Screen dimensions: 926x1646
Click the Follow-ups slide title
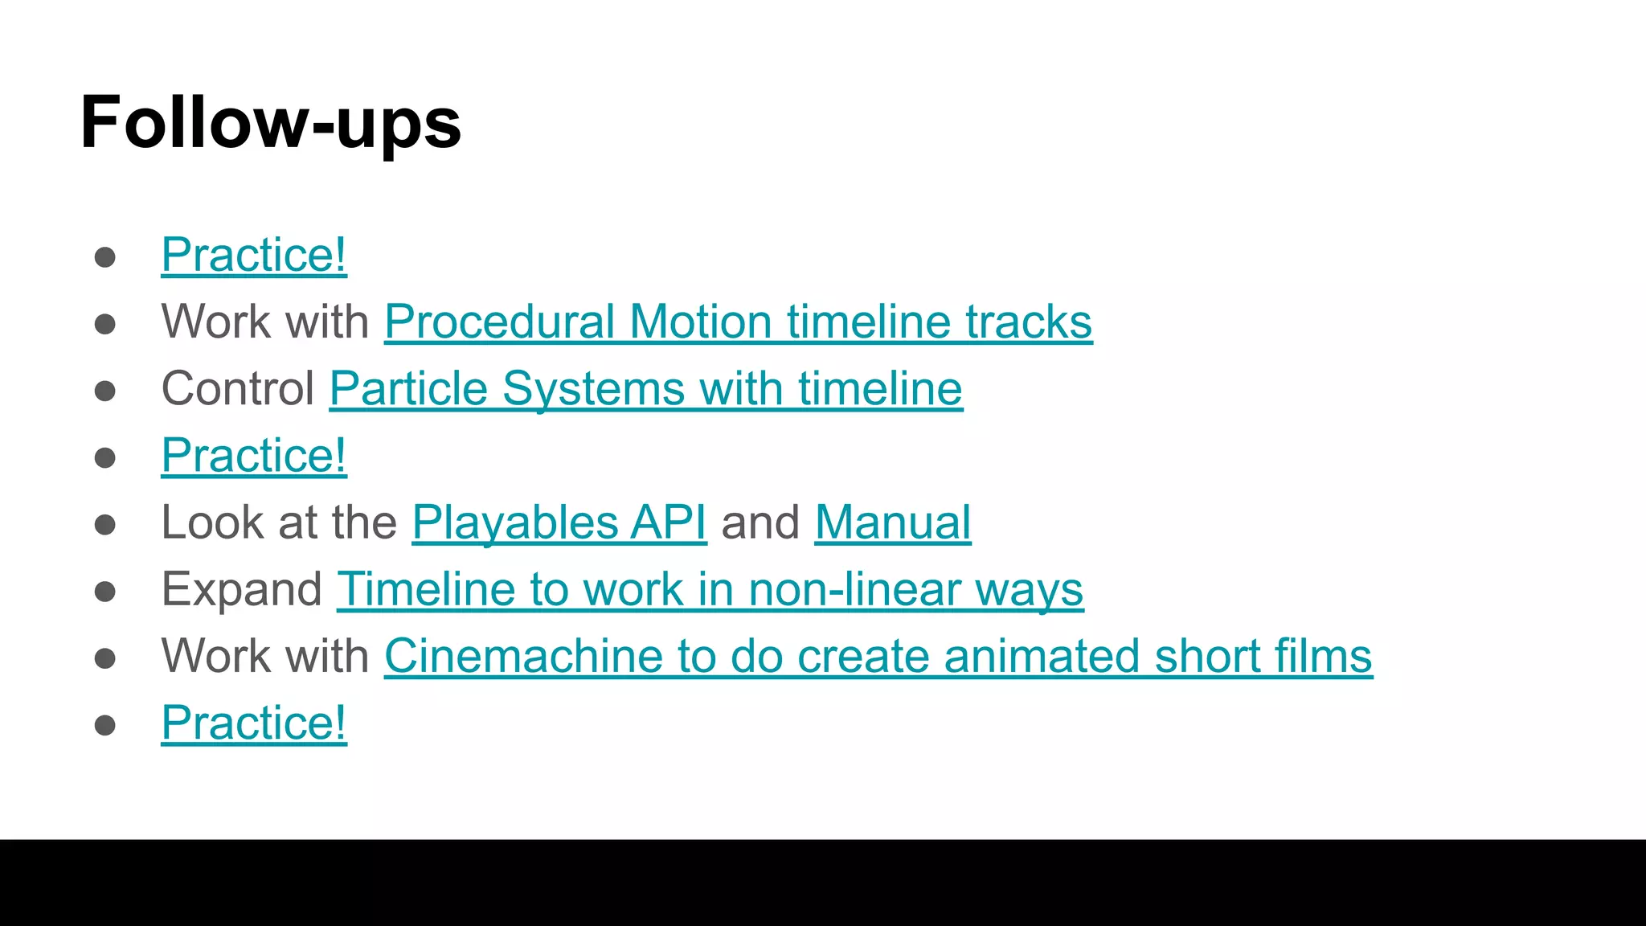(271, 122)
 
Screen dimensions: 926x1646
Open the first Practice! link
(254, 256)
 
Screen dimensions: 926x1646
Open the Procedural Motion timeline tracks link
(738, 322)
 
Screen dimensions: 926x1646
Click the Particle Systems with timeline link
(645, 389)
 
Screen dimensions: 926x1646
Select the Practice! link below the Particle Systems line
(254, 456)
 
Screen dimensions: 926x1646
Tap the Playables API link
(559, 522)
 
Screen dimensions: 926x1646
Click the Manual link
(892, 522)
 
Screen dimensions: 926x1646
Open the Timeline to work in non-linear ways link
(710, 589)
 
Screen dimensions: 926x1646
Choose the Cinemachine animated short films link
(878, 656)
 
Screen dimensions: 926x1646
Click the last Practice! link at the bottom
(254, 723)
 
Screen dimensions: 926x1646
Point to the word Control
(238, 389)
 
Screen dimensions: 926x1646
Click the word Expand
(242, 589)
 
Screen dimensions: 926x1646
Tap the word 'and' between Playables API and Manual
(760, 522)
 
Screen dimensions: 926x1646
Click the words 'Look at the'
(279, 522)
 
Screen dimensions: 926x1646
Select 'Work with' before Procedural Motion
(265, 322)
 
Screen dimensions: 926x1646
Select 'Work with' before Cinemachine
(265, 656)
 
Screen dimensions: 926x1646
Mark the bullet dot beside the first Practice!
(105, 257)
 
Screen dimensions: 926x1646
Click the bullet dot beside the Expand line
(105, 592)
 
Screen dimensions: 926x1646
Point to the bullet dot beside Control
(105, 391)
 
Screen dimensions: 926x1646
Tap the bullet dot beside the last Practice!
(105, 725)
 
